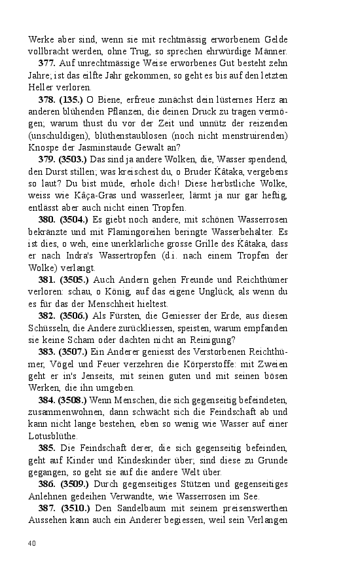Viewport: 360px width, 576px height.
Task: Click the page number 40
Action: (32, 543)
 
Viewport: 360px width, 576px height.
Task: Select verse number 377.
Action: (47, 63)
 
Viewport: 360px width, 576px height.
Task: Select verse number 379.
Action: (47, 159)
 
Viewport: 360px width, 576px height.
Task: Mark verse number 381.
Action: (47, 279)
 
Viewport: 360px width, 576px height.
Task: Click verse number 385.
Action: (47, 448)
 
